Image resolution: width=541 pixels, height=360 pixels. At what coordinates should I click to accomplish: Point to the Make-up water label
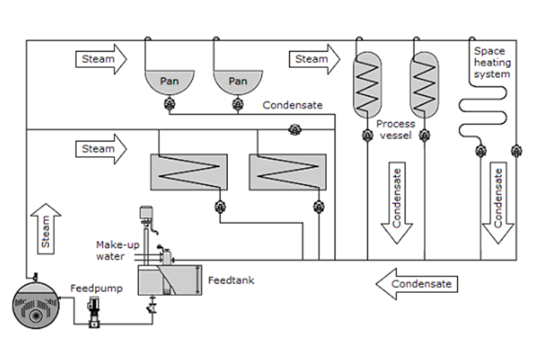tap(111, 250)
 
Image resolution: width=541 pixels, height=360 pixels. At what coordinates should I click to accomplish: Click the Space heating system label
tap(492, 63)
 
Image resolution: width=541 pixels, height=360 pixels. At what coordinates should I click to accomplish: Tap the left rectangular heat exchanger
tap(188, 172)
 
